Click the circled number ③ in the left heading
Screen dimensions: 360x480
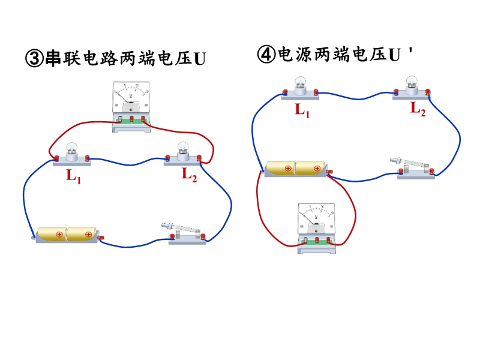coord(33,58)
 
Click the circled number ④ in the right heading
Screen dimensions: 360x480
coord(265,55)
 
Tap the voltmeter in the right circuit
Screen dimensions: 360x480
coord(316,227)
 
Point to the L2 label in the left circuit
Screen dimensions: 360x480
coord(190,175)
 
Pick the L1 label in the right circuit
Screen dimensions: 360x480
coord(302,110)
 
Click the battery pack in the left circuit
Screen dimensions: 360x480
coord(67,234)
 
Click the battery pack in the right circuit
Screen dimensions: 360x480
coord(296,169)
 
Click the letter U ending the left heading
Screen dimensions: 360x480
coord(200,59)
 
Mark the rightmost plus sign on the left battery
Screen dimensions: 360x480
coord(88,234)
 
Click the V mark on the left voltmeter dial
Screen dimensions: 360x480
coord(131,96)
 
